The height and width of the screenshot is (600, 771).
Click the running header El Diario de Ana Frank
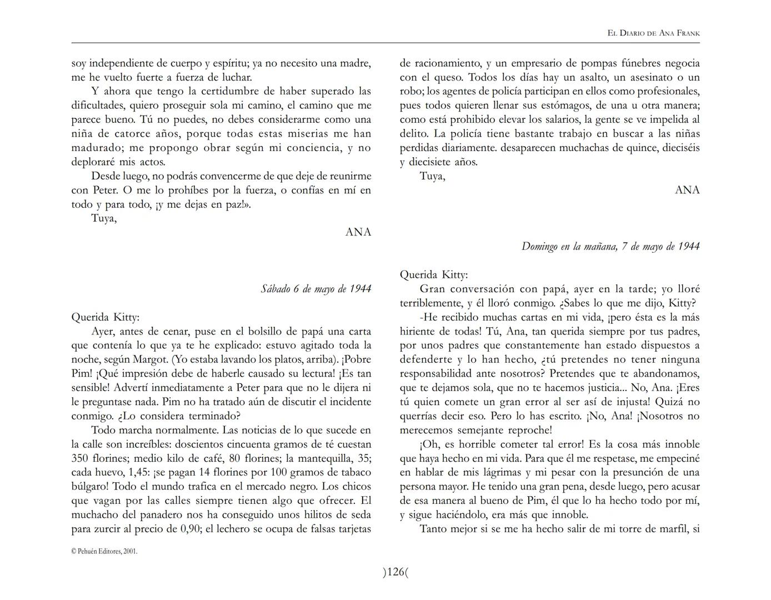pyautogui.click(x=653, y=33)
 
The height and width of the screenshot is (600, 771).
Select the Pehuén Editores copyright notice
pyautogui.click(x=104, y=552)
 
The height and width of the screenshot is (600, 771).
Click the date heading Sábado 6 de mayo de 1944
pyautogui.click(x=316, y=289)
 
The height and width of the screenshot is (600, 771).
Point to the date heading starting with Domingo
pyautogui.click(x=610, y=246)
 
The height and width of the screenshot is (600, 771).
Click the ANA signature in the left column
pyautogui.click(x=358, y=232)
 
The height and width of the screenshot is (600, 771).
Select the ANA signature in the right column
pyautogui.click(x=687, y=190)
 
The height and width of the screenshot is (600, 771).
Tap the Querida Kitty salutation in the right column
pyautogui.click(x=434, y=275)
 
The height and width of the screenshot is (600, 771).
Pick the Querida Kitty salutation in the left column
pyautogui.click(x=106, y=317)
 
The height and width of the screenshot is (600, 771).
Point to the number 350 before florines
pyautogui.click(x=81, y=458)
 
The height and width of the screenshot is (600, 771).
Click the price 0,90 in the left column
pyautogui.click(x=191, y=529)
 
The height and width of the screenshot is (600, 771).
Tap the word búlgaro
pyautogui.click(x=90, y=487)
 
